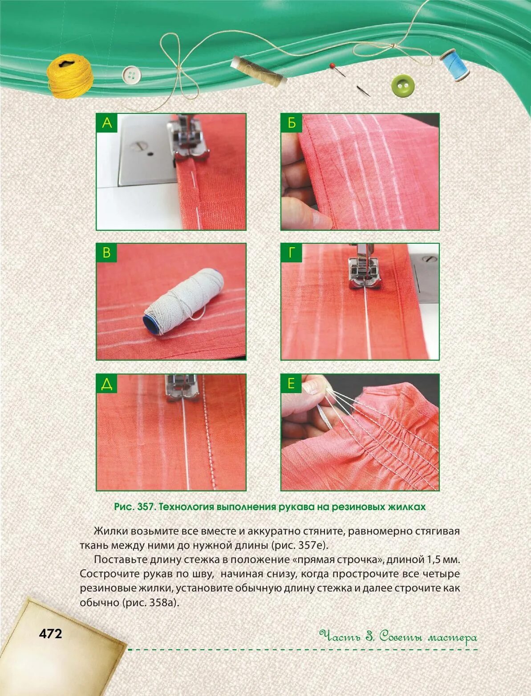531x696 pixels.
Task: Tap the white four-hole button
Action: [131, 75]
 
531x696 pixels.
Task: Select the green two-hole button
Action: [403, 85]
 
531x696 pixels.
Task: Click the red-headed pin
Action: [338, 70]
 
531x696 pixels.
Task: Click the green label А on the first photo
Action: [107, 123]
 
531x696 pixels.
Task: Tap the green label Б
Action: [291, 123]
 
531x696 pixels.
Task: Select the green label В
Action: [107, 253]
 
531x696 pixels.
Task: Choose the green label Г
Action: [291, 253]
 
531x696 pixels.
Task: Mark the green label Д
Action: [107, 384]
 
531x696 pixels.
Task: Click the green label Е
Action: [291, 384]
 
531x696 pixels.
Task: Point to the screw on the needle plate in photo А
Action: [139, 146]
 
